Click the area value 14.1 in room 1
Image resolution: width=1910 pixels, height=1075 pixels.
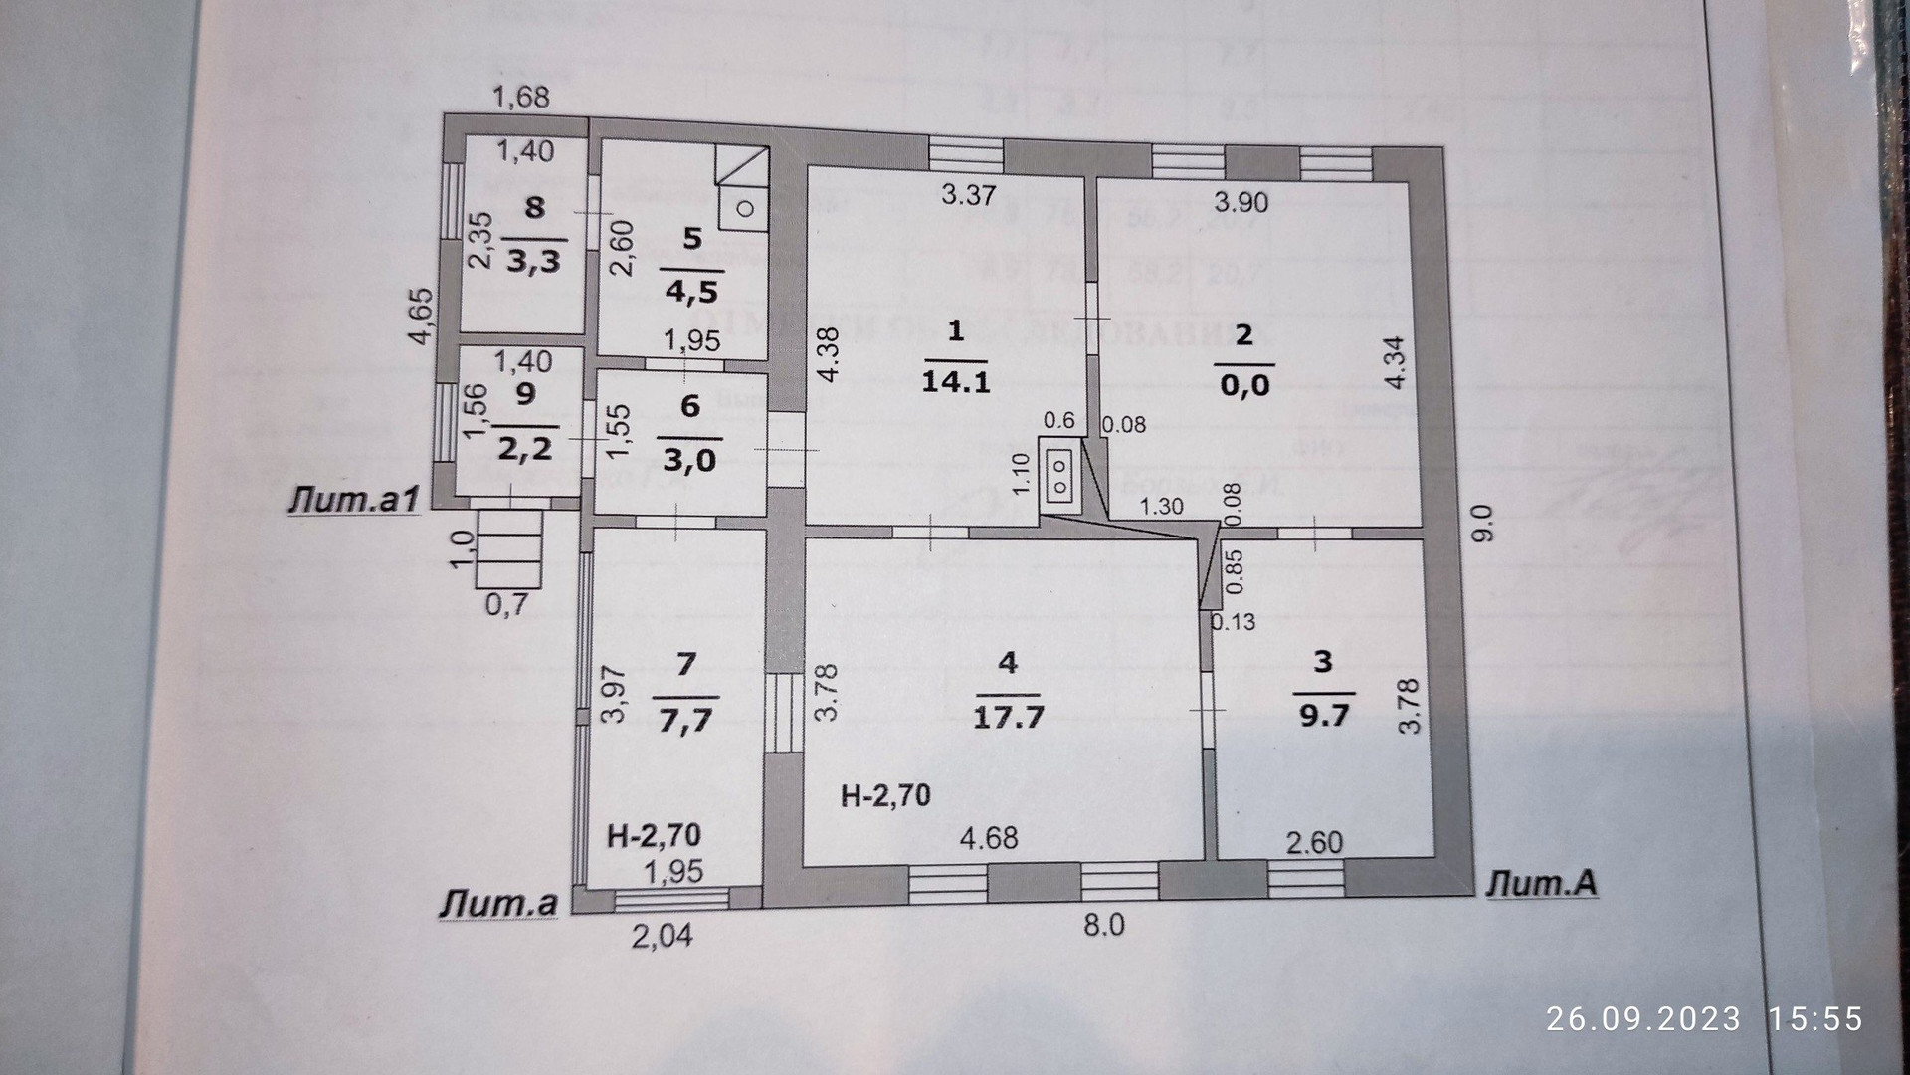click(x=956, y=381)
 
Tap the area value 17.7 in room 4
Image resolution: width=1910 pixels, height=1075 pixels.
click(x=1008, y=716)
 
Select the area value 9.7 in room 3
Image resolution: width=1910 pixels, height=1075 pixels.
click(x=1322, y=716)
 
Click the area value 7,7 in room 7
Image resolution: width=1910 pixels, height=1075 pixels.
click(x=686, y=719)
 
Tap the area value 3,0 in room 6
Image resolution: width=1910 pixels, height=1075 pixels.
click(x=689, y=460)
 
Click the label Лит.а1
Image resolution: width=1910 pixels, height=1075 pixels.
click(x=354, y=501)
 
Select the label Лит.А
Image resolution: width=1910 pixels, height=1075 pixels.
click(x=1541, y=883)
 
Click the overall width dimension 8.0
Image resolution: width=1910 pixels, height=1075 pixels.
click(x=1103, y=925)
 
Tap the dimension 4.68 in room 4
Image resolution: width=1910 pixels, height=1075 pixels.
click(x=989, y=837)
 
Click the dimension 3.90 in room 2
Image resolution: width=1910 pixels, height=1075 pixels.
click(x=1241, y=202)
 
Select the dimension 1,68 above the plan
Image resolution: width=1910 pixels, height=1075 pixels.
click(x=522, y=97)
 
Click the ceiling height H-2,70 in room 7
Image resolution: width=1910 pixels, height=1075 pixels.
click(x=655, y=834)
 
